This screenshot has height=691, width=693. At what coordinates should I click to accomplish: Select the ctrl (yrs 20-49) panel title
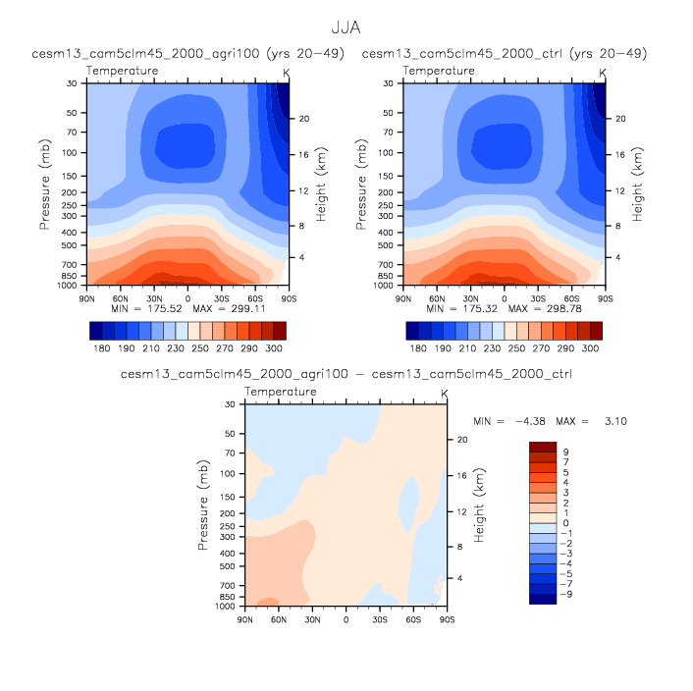coord(505,53)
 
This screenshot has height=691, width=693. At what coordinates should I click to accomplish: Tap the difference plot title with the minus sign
coord(346,374)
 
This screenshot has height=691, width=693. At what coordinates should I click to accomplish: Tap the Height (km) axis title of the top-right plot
coord(638,184)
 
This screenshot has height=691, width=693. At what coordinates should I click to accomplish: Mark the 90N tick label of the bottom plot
coord(246,619)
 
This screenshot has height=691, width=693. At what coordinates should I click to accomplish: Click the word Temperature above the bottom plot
coord(281,392)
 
